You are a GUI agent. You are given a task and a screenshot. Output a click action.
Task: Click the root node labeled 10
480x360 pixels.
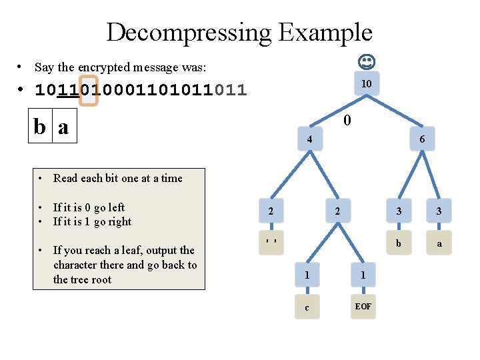pyautogui.click(x=366, y=84)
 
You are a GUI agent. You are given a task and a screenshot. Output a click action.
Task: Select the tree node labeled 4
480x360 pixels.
pyautogui.click(x=309, y=139)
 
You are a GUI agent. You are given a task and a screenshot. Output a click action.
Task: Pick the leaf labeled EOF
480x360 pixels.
pyautogui.click(x=363, y=306)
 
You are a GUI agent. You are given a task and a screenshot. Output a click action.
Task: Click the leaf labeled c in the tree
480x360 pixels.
pyautogui.click(x=306, y=307)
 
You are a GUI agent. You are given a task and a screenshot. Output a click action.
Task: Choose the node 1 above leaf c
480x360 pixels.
pyautogui.click(x=306, y=275)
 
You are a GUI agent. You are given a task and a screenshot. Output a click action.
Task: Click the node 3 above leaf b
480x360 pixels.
pyautogui.click(x=399, y=211)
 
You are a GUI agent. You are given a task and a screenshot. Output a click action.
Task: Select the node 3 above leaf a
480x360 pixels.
pyautogui.click(x=439, y=211)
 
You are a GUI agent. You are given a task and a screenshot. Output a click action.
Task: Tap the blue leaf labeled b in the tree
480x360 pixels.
pyautogui.click(x=399, y=243)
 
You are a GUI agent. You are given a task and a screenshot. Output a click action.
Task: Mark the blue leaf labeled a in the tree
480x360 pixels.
pyautogui.click(x=439, y=243)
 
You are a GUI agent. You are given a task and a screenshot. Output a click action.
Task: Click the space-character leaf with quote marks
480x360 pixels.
pyautogui.click(x=271, y=241)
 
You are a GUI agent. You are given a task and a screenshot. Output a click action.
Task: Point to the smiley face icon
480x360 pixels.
pyautogui.click(x=366, y=63)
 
